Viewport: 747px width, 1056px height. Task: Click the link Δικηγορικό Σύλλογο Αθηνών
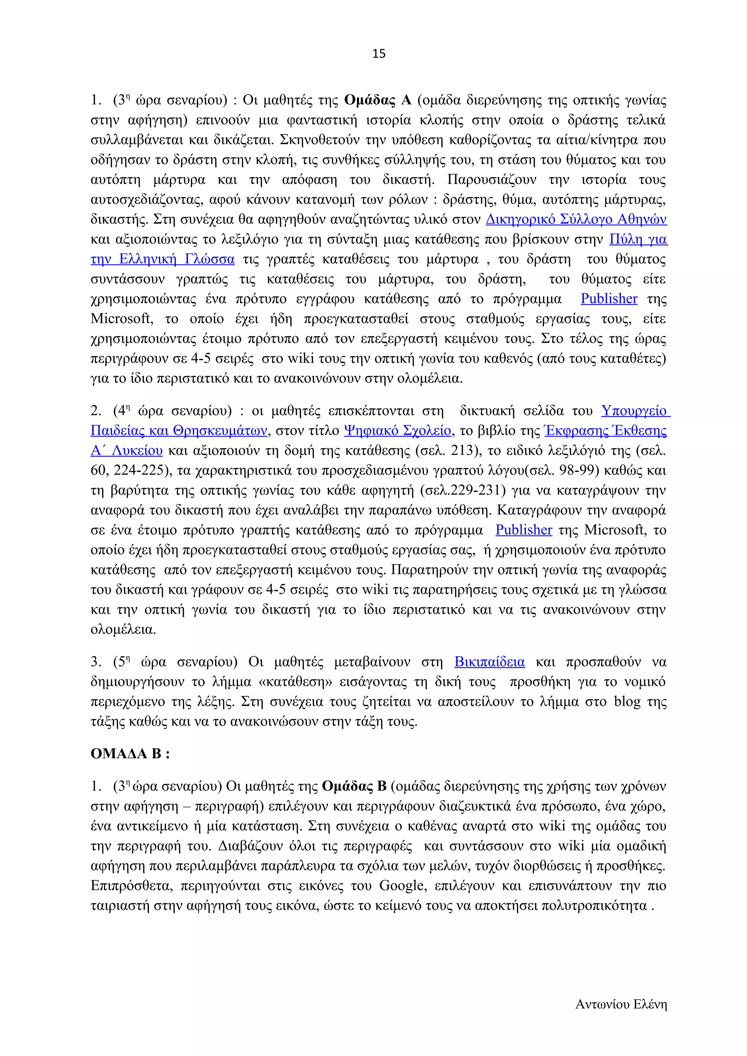[576, 219]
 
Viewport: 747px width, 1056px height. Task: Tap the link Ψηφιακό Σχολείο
[397, 430]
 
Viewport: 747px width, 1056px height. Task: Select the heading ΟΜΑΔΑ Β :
[130, 754]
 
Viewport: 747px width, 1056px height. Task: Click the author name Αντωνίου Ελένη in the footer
[620, 1005]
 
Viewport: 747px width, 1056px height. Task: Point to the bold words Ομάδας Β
[354, 786]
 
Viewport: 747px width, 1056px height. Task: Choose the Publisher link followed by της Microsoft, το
[523, 530]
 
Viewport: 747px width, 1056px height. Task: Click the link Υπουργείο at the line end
[634, 411]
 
